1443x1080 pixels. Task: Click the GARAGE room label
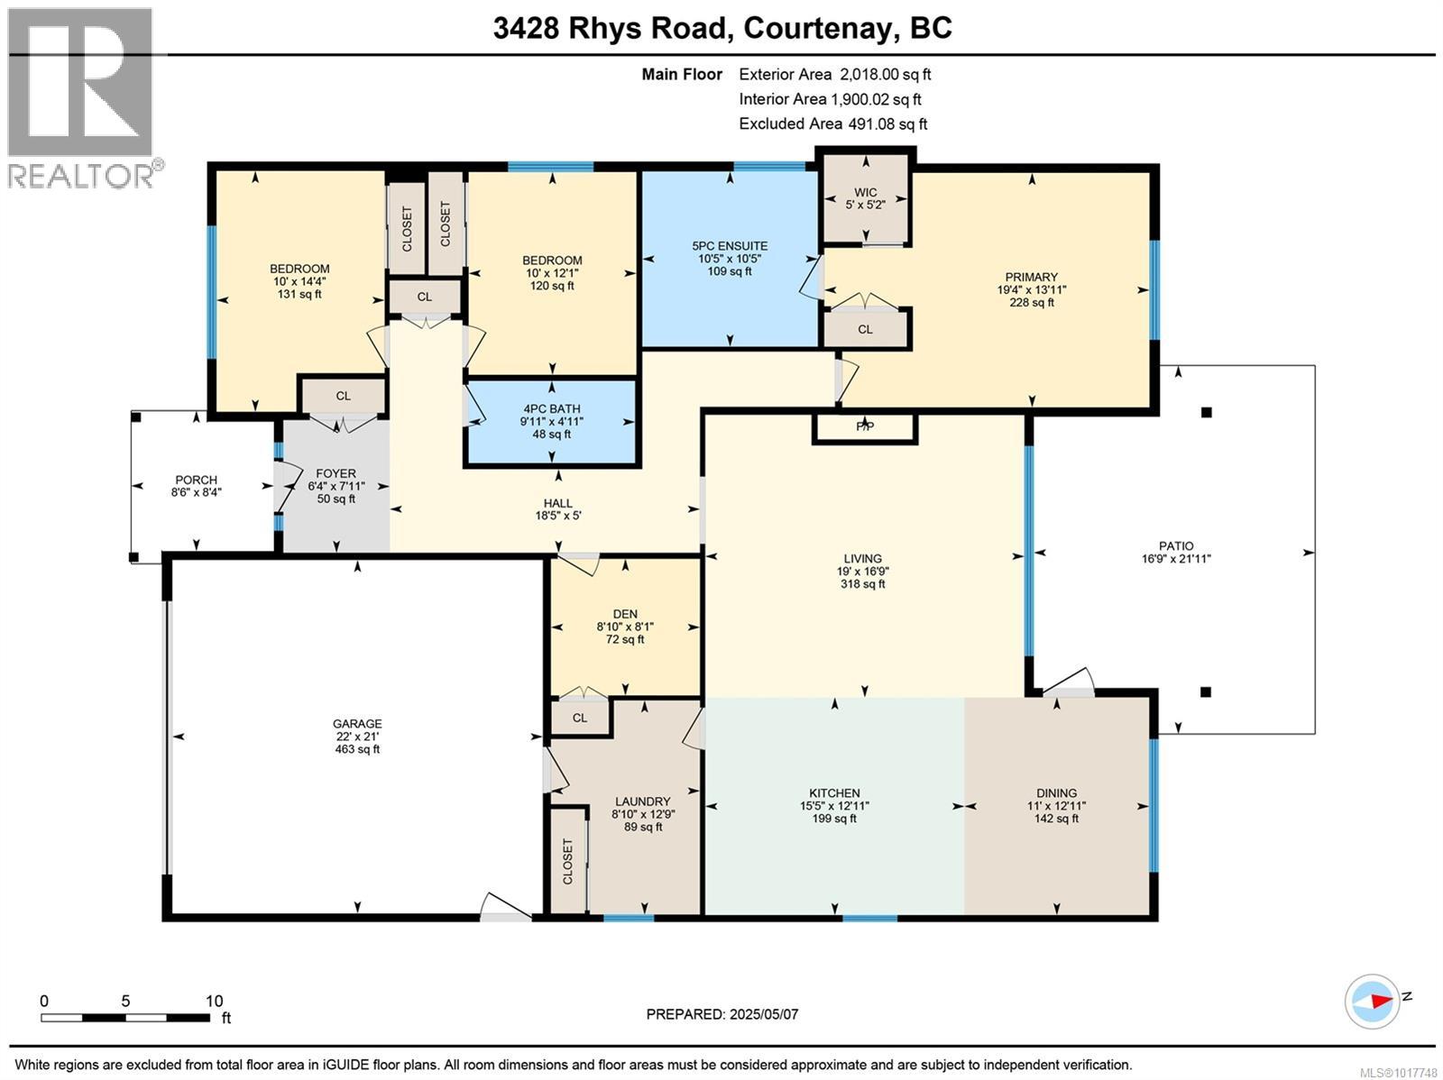[x=357, y=723]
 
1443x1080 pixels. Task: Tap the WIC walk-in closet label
[x=865, y=192]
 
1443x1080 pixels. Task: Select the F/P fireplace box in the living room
[x=864, y=427]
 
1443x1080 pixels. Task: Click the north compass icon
[x=1372, y=1000]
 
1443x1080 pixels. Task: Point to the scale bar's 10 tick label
[x=214, y=1001]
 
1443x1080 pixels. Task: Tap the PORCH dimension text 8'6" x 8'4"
[x=196, y=492]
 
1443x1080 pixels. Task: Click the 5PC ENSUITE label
[x=730, y=245]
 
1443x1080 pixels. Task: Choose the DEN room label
[x=624, y=614]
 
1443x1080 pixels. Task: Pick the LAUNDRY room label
[x=642, y=801]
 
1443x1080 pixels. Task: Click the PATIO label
[x=1175, y=545]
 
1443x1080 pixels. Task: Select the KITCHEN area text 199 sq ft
[x=834, y=819]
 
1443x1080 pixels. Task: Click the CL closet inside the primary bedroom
[x=865, y=329]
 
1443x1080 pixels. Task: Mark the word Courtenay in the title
[x=818, y=29]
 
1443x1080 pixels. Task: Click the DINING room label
[x=1056, y=793]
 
